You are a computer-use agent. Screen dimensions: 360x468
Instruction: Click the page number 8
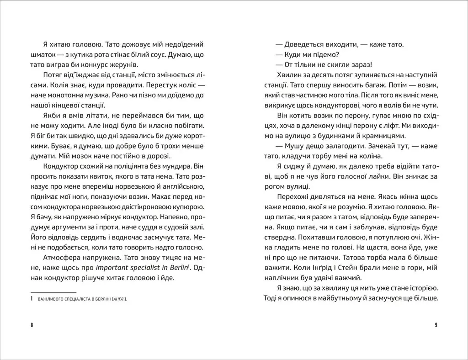click(x=32, y=325)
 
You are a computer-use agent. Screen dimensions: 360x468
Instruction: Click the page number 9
click(x=436, y=325)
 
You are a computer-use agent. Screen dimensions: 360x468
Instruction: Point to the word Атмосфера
click(x=61, y=258)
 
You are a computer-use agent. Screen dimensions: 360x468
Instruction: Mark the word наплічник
click(x=286, y=277)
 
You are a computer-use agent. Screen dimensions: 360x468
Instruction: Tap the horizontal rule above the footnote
click(x=53, y=291)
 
